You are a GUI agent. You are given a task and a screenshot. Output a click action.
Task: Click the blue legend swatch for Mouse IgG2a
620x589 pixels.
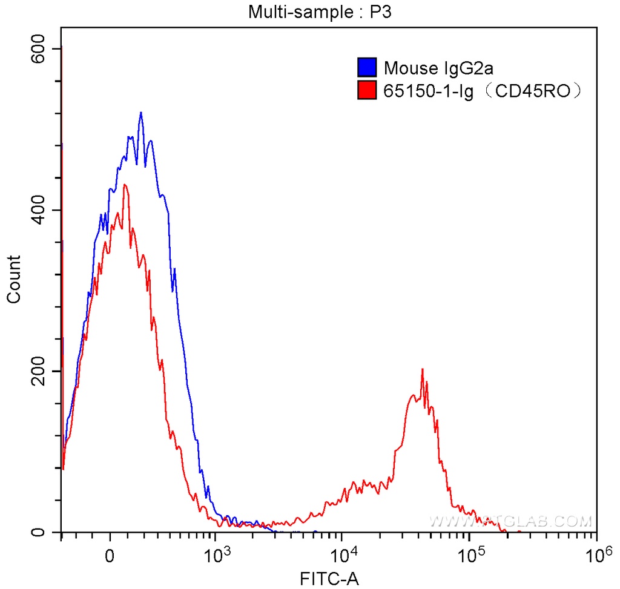367,68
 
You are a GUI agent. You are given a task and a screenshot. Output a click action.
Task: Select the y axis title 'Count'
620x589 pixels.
13,279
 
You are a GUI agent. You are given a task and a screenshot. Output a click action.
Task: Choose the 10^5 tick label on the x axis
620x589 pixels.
470,553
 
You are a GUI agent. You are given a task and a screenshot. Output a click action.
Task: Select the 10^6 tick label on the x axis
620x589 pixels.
596,553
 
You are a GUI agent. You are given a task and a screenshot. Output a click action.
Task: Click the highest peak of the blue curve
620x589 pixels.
140,113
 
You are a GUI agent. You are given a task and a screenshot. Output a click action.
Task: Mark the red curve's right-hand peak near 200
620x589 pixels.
422,369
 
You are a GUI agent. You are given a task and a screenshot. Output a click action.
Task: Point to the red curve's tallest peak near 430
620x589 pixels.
125,185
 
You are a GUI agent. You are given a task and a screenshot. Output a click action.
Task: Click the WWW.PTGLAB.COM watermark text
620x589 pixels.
510,521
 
